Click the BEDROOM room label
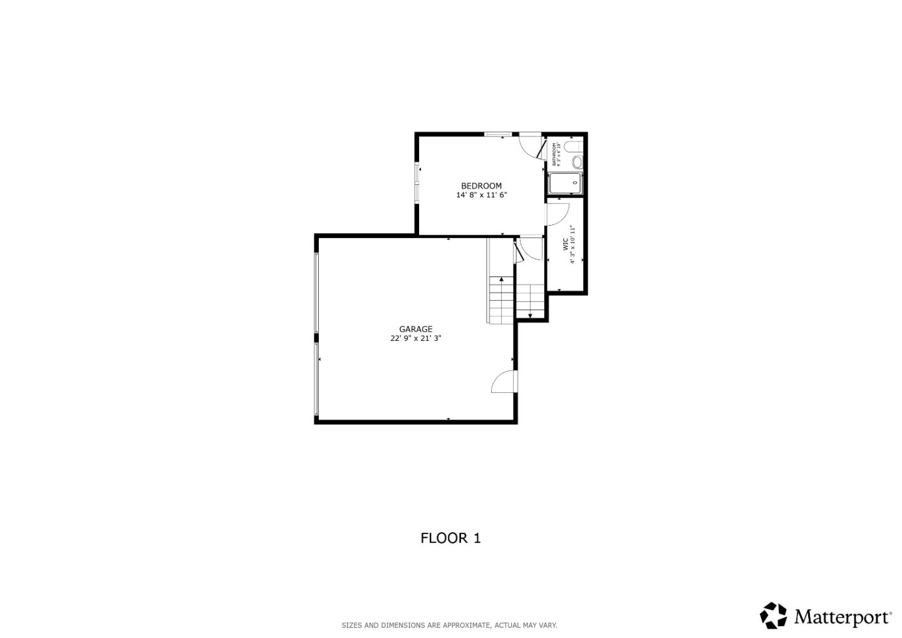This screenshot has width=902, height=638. click(481, 186)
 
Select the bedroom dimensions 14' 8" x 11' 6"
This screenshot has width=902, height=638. click(481, 195)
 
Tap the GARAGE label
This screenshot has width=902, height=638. click(416, 329)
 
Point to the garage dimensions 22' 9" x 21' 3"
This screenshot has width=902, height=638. click(416, 338)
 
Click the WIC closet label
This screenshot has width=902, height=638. click(565, 244)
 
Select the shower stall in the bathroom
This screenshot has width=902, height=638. click(565, 183)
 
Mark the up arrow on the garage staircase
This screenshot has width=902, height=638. click(501, 280)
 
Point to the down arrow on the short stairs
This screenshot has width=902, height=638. click(531, 315)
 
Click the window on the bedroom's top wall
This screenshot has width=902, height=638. click(499, 133)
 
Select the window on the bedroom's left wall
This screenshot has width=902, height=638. click(417, 183)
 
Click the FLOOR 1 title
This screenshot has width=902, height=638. click(450, 538)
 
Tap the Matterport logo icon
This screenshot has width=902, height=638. click(774, 615)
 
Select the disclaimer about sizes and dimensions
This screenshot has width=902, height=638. click(449, 625)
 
